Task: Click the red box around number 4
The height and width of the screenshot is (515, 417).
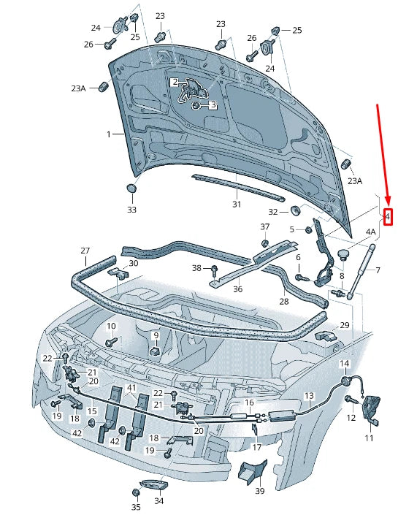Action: coord(388,216)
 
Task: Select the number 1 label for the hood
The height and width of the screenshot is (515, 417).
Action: coord(109,134)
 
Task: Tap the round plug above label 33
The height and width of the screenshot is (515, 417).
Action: coord(131,189)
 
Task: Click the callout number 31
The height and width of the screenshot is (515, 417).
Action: coord(236,205)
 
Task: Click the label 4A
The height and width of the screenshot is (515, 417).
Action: coord(370,232)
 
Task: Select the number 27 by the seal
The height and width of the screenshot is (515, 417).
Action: coord(85,251)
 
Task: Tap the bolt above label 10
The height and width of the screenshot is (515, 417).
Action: coord(111,341)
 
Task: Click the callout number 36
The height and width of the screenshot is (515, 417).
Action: coord(237,289)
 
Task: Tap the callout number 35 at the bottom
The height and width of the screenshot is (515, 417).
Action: coord(136,506)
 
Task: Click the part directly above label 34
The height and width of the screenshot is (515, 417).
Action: coord(151,485)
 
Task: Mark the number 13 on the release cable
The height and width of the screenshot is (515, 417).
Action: coord(309,396)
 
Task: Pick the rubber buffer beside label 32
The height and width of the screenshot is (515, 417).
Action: coord(296,211)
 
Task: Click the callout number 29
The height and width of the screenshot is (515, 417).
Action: coord(345,324)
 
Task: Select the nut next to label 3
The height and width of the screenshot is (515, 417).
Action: coord(196,106)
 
